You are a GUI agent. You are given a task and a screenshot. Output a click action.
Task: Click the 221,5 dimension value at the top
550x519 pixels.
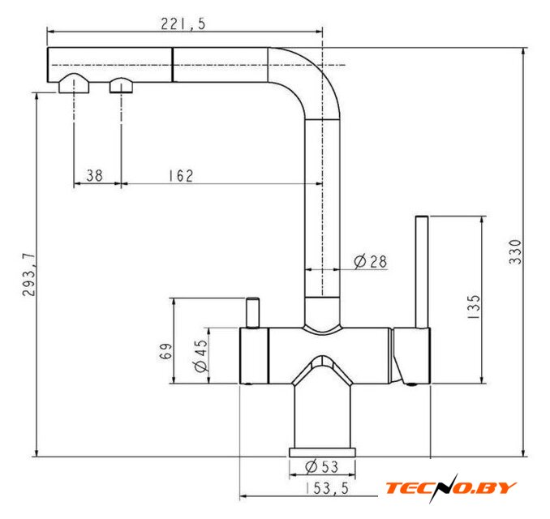tap(183, 24)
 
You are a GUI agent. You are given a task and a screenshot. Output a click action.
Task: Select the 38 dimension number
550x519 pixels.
tap(94, 175)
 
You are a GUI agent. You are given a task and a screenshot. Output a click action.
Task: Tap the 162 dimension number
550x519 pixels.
tap(181, 176)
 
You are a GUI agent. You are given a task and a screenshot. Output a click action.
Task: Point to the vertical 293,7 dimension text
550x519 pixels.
tap(28, 275)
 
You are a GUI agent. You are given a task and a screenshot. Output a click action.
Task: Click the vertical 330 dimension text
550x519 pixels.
tap(515, 251)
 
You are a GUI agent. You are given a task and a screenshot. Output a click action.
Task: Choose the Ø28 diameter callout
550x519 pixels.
tap(371, 261)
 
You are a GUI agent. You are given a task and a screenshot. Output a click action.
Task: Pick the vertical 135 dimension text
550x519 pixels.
tap(473, 307)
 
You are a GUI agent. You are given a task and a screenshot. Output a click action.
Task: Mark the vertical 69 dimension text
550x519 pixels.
tap(166, 350)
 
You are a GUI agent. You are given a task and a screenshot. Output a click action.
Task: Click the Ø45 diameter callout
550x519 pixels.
tap(201, 355)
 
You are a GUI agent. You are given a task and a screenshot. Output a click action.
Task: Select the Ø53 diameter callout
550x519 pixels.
tap(322, 467)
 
